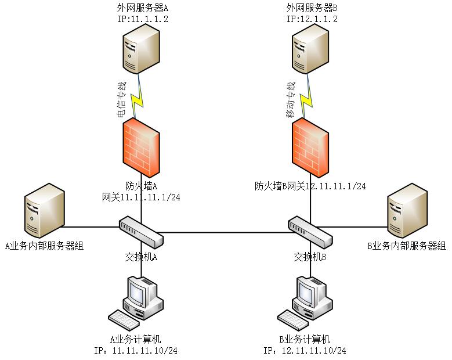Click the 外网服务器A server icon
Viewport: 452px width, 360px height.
[x=141, y=52]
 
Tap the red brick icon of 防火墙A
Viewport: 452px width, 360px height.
[x=141, y=147]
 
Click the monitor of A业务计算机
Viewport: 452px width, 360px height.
[x=140, y=291]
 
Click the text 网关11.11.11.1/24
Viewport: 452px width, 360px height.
[x=141, y=197]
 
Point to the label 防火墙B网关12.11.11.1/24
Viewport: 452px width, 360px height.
[x=310, y=186]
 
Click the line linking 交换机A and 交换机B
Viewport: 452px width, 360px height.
[x=226, y=233]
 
